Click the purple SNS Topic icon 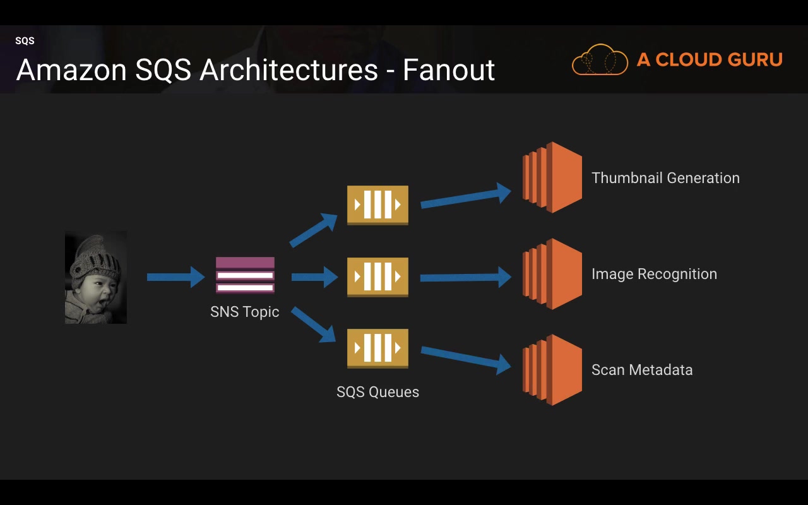245,275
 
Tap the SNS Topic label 245,312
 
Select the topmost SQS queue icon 377,205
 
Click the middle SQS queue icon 377,276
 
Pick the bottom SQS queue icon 377,348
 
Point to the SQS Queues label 377,392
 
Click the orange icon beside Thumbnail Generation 552,177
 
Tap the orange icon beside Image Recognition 552,274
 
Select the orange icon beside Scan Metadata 552,370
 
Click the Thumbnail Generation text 665,178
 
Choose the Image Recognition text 654,274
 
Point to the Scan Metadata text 642,370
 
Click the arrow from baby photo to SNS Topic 175,276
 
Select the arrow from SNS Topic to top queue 313,230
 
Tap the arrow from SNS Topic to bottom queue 313,324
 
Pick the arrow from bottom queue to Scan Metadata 466,357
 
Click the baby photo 96,277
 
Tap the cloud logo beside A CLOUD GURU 600,60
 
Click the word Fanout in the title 449,69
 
